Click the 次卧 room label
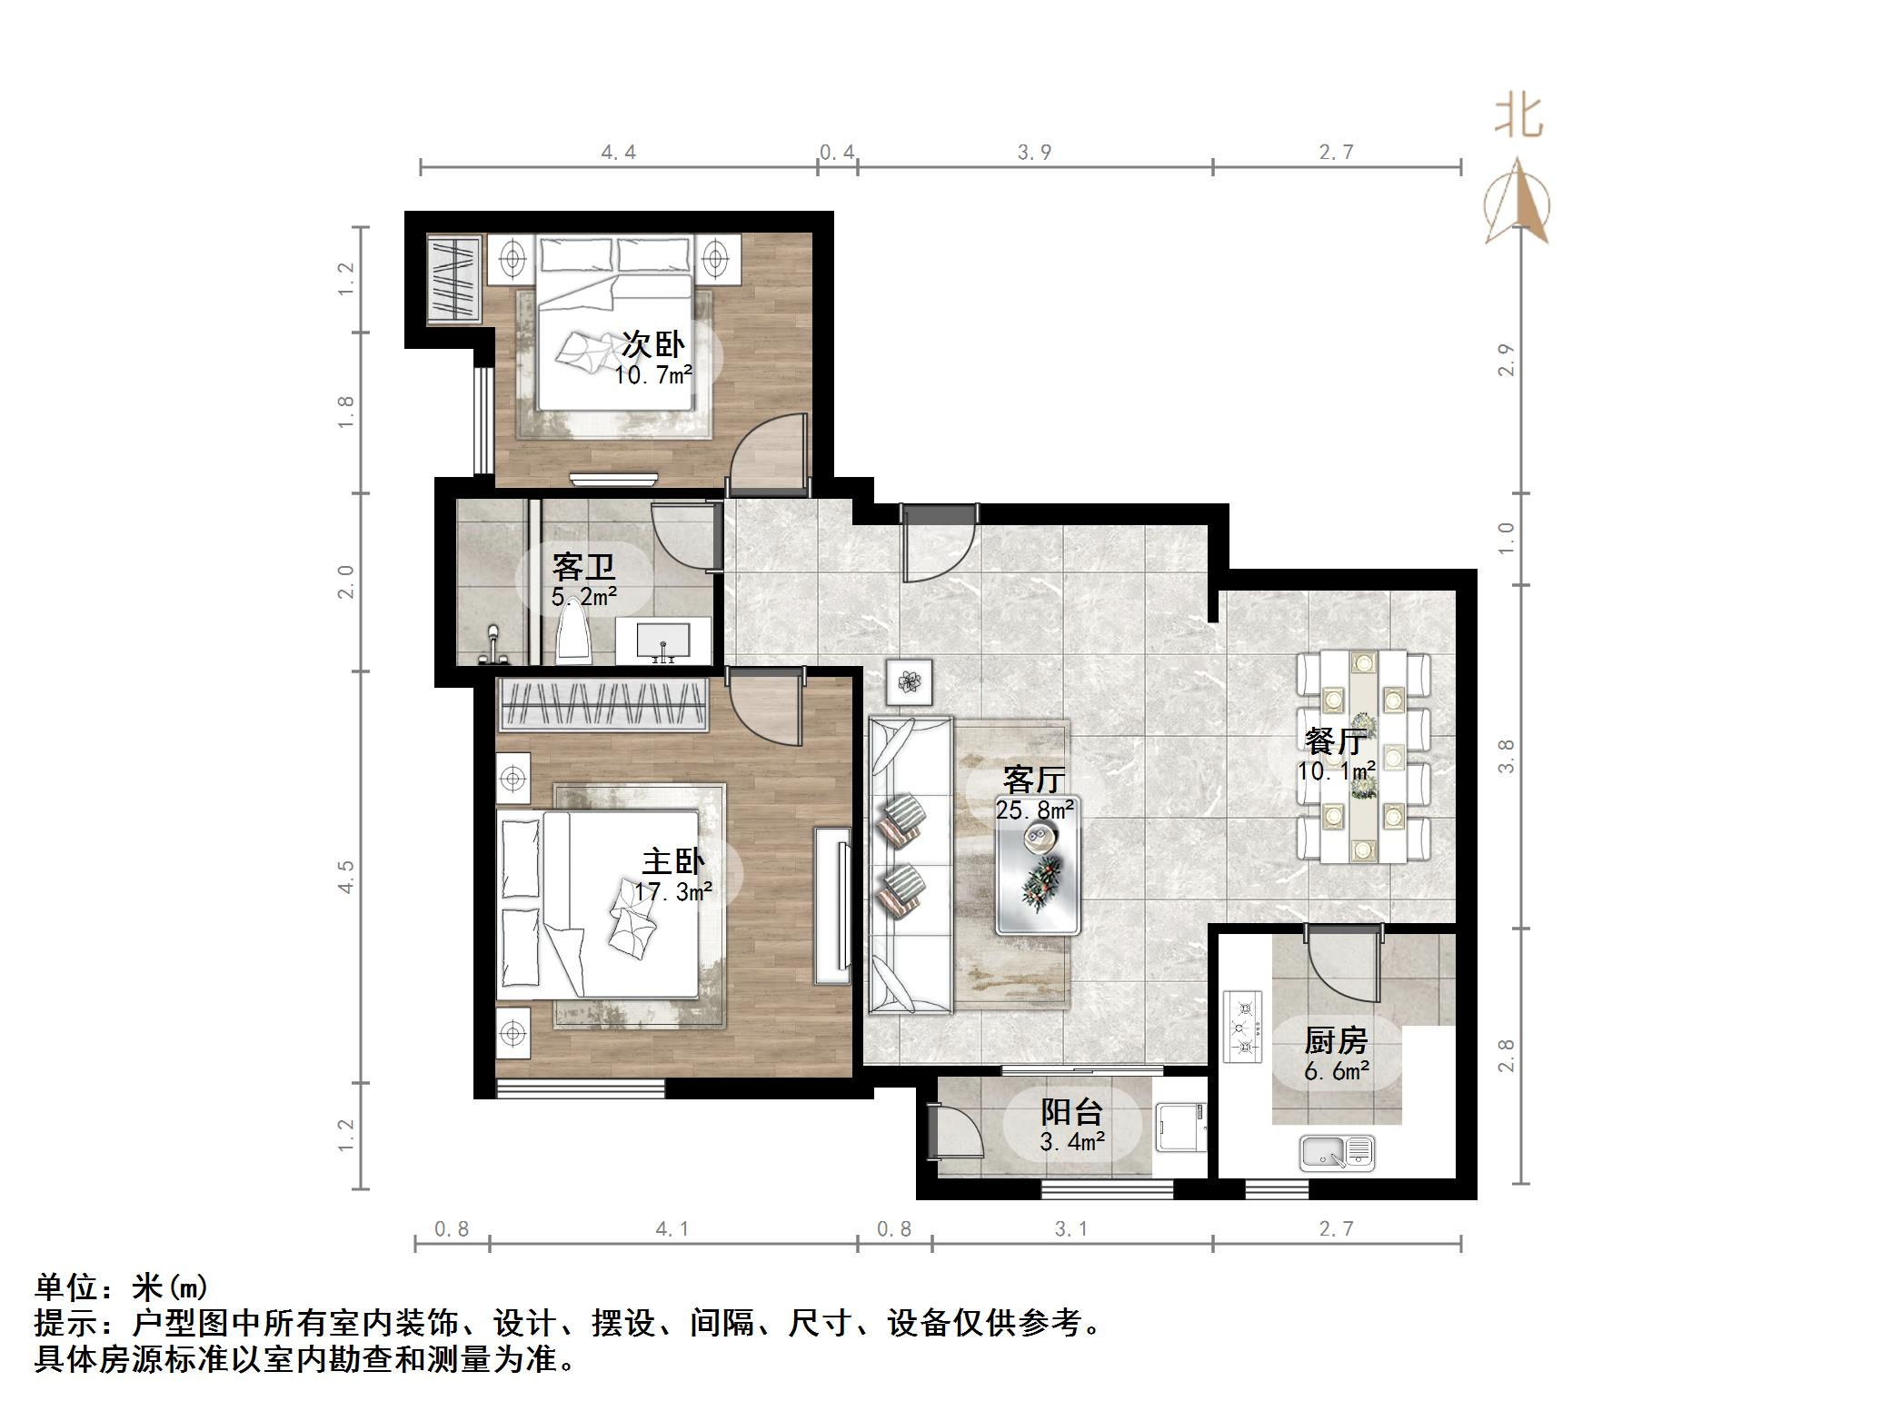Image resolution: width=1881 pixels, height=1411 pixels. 652,344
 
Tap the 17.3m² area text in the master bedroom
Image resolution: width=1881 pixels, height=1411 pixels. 672,892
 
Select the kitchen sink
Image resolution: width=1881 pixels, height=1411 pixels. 1338,1153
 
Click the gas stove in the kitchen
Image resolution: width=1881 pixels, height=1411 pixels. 1243,1026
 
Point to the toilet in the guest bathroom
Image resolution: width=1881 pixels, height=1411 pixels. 572,631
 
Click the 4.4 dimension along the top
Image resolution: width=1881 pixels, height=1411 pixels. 618,152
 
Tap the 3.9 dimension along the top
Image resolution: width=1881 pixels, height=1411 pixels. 1034,152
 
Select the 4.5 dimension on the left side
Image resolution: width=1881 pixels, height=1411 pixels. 346,876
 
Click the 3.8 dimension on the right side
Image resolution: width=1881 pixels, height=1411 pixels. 1507,756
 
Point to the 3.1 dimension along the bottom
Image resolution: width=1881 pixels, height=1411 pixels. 1071,1229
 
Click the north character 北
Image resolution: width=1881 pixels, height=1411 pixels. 1518,117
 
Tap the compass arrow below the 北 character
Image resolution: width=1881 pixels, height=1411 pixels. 1517,201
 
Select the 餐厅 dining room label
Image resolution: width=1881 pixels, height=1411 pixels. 1336,741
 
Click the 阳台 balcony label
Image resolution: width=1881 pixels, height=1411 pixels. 1071,1112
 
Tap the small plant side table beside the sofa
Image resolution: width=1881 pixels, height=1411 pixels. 910,680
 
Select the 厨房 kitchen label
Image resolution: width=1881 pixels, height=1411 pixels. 1336,1040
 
